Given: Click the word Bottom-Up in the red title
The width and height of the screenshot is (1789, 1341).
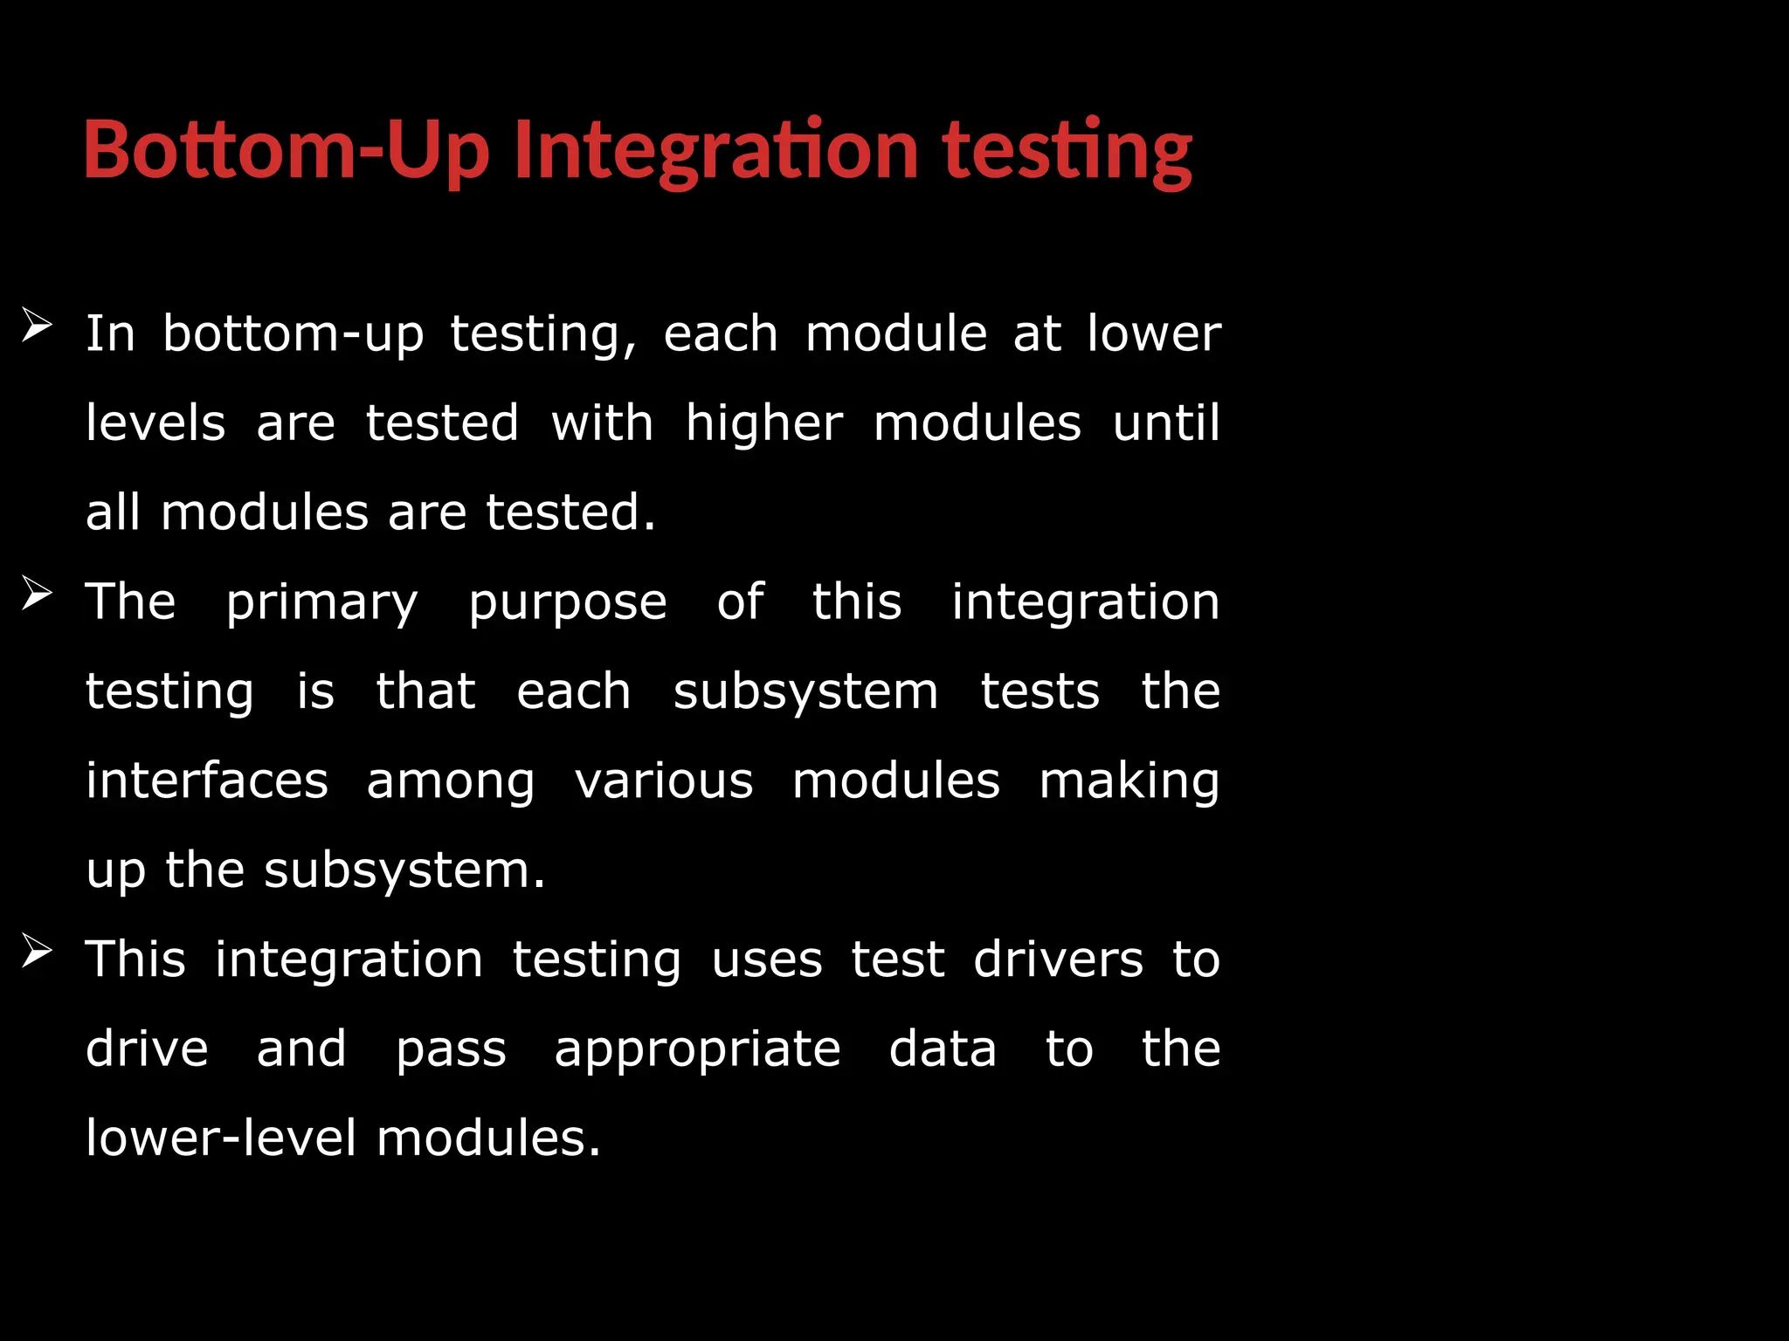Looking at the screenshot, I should point(286,150).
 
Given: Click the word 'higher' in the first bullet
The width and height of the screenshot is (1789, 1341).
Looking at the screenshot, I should point(764,424).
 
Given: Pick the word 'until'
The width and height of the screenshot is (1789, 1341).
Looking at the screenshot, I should point(1166,423).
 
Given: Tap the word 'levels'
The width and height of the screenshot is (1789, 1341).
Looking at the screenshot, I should point(155,423).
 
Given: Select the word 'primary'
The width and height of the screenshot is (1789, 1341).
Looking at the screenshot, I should point(322,603).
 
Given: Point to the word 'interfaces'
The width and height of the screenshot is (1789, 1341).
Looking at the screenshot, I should point(207,781).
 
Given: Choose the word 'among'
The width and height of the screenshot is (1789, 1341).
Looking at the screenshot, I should point(450,782).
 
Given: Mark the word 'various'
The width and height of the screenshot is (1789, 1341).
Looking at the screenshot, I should point(664,781).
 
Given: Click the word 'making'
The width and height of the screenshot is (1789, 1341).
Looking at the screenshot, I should point(1129,781).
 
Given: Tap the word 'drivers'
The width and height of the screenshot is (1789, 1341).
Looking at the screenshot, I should point(1058,959).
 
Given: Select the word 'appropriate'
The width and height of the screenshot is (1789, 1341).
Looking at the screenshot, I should point(697,1050).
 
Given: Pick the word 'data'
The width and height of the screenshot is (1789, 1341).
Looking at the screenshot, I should point(943,1049).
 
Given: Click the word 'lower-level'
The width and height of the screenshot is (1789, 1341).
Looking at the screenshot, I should point(221,1138).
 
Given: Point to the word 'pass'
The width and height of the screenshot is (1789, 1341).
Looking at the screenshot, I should point(451,1050).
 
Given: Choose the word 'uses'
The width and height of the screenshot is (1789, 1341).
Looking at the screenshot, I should point(767,961).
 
